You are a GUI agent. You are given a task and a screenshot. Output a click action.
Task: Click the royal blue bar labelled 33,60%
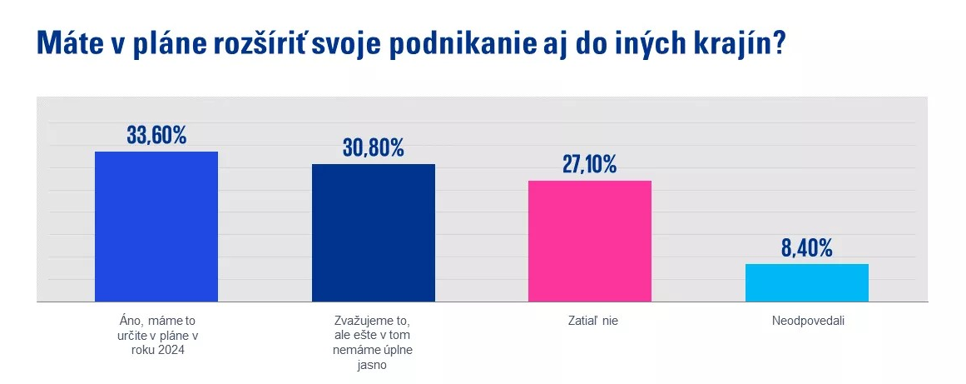[156, 226]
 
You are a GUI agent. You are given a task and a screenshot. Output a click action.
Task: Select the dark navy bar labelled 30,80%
[373, 232]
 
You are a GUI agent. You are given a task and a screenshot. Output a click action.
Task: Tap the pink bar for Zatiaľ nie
[589, 241]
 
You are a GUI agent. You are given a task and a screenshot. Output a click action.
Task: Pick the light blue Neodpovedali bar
[806, 282]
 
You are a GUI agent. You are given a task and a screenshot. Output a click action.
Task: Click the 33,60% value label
[156, 135]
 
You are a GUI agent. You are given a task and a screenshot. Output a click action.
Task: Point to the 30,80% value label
[373, 147]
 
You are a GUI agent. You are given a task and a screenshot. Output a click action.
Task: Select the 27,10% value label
[589, 164]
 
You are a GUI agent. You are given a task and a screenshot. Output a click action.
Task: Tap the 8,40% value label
[806, 247]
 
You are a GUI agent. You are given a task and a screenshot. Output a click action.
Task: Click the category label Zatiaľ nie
[590, 319]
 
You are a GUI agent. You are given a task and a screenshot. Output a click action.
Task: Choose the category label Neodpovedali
[806, 319]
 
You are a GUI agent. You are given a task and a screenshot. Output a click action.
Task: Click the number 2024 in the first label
[171, 351]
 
